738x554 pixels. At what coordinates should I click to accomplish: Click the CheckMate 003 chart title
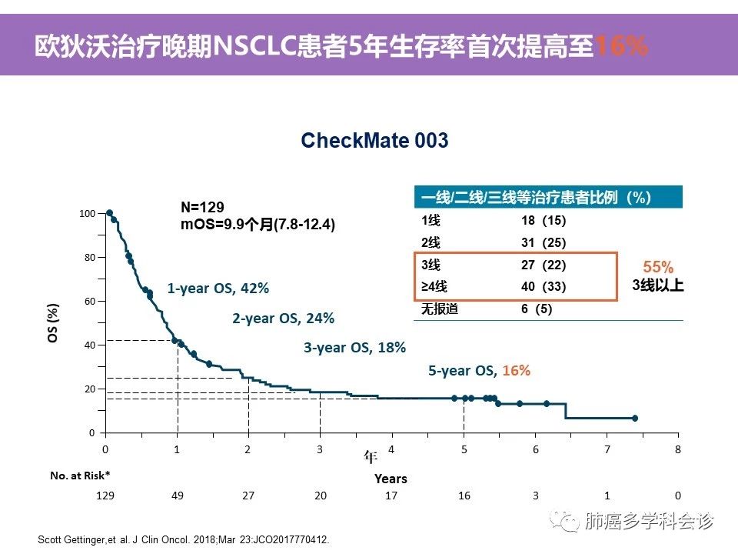(374, 141)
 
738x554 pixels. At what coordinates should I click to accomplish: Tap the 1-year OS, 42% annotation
(218, 289)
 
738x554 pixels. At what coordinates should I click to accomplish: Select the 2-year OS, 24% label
(283, 318)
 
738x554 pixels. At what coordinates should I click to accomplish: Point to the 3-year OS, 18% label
(354, 347)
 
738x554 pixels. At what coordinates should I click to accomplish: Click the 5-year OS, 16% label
(479, 370)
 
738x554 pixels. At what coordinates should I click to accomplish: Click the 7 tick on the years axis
(607, 449)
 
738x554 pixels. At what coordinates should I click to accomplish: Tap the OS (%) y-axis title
(54, 323)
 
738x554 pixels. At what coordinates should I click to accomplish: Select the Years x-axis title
(391, 479)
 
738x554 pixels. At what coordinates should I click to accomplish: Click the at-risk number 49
(177, 496)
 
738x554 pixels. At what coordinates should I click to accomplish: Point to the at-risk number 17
(391, 496)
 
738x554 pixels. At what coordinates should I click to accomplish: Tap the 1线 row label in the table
(430, 219)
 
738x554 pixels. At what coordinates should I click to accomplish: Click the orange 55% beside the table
(658, 267)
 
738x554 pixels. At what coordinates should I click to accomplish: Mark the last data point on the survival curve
(635, 418)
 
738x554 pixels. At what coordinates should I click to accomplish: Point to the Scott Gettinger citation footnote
(183, 540)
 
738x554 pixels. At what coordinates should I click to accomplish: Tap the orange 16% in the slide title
(621, 47)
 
